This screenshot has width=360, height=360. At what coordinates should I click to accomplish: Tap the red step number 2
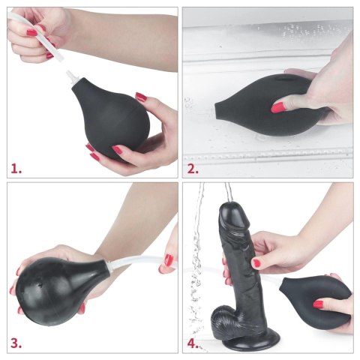[193, 166]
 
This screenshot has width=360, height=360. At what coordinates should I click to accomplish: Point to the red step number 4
[193, 344]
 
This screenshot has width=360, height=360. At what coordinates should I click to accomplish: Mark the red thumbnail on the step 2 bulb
[278, 108]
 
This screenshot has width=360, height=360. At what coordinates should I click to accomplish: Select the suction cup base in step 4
[240, 341]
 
